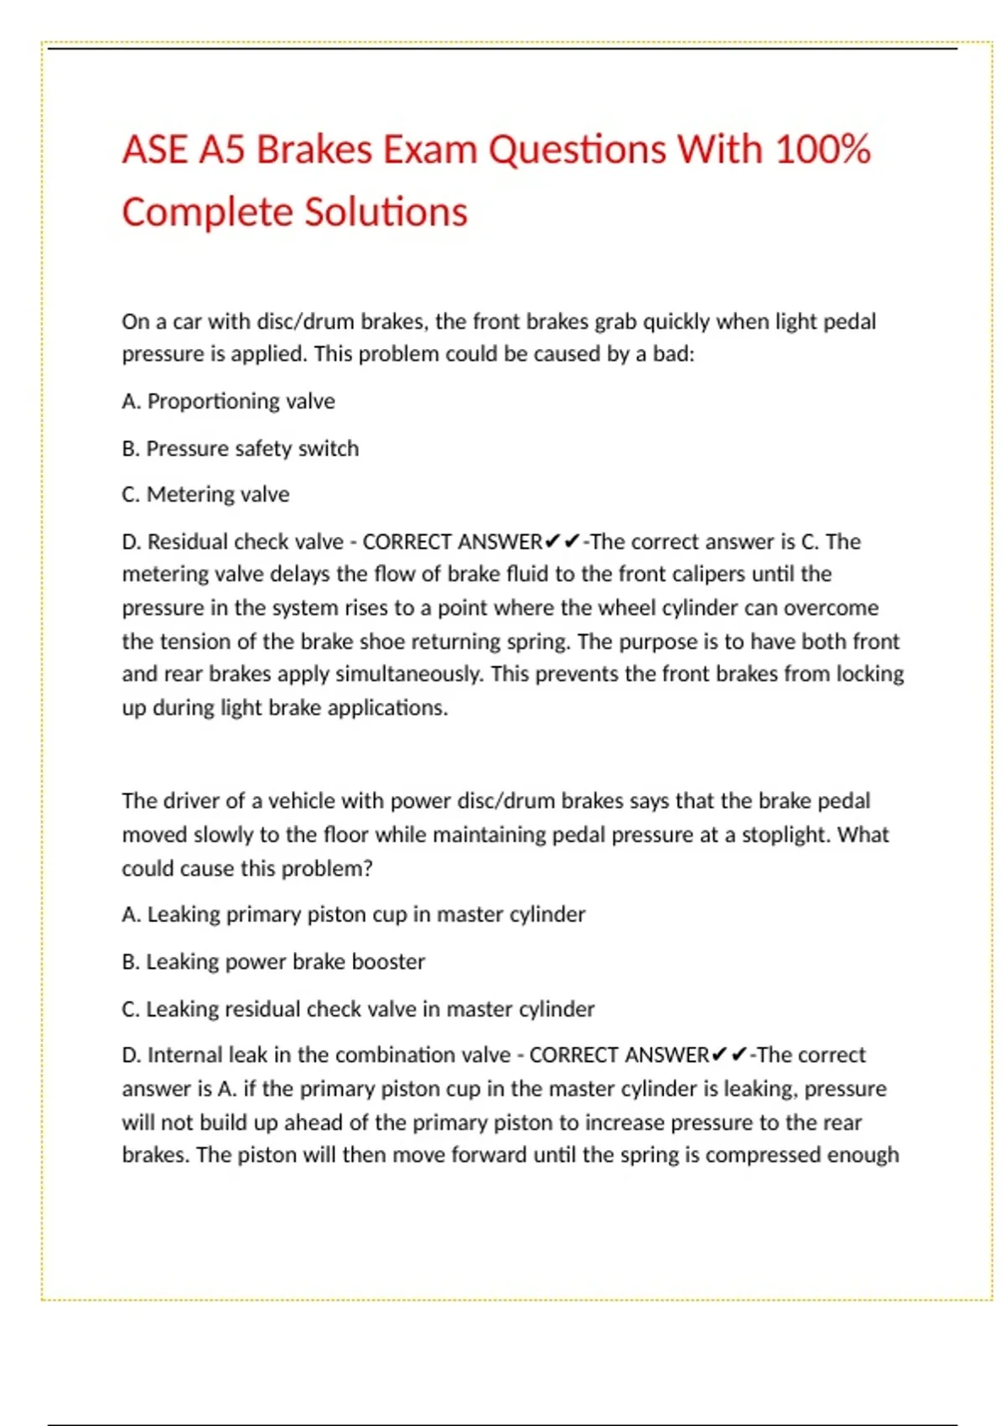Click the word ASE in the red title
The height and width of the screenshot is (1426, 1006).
155,150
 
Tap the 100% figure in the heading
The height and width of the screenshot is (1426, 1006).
822,150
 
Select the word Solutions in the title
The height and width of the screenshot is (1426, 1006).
386,212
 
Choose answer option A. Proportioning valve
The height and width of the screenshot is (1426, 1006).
228,402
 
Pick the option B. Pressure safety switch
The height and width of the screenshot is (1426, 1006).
240,449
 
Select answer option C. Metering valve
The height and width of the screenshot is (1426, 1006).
205,495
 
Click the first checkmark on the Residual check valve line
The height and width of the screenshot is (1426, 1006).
552,542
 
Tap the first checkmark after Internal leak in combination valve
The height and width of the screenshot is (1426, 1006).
719,1055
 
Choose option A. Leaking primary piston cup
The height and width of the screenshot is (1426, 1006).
353,914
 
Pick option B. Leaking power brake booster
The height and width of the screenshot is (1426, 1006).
273,961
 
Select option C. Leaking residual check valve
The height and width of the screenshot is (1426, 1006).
358,1009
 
